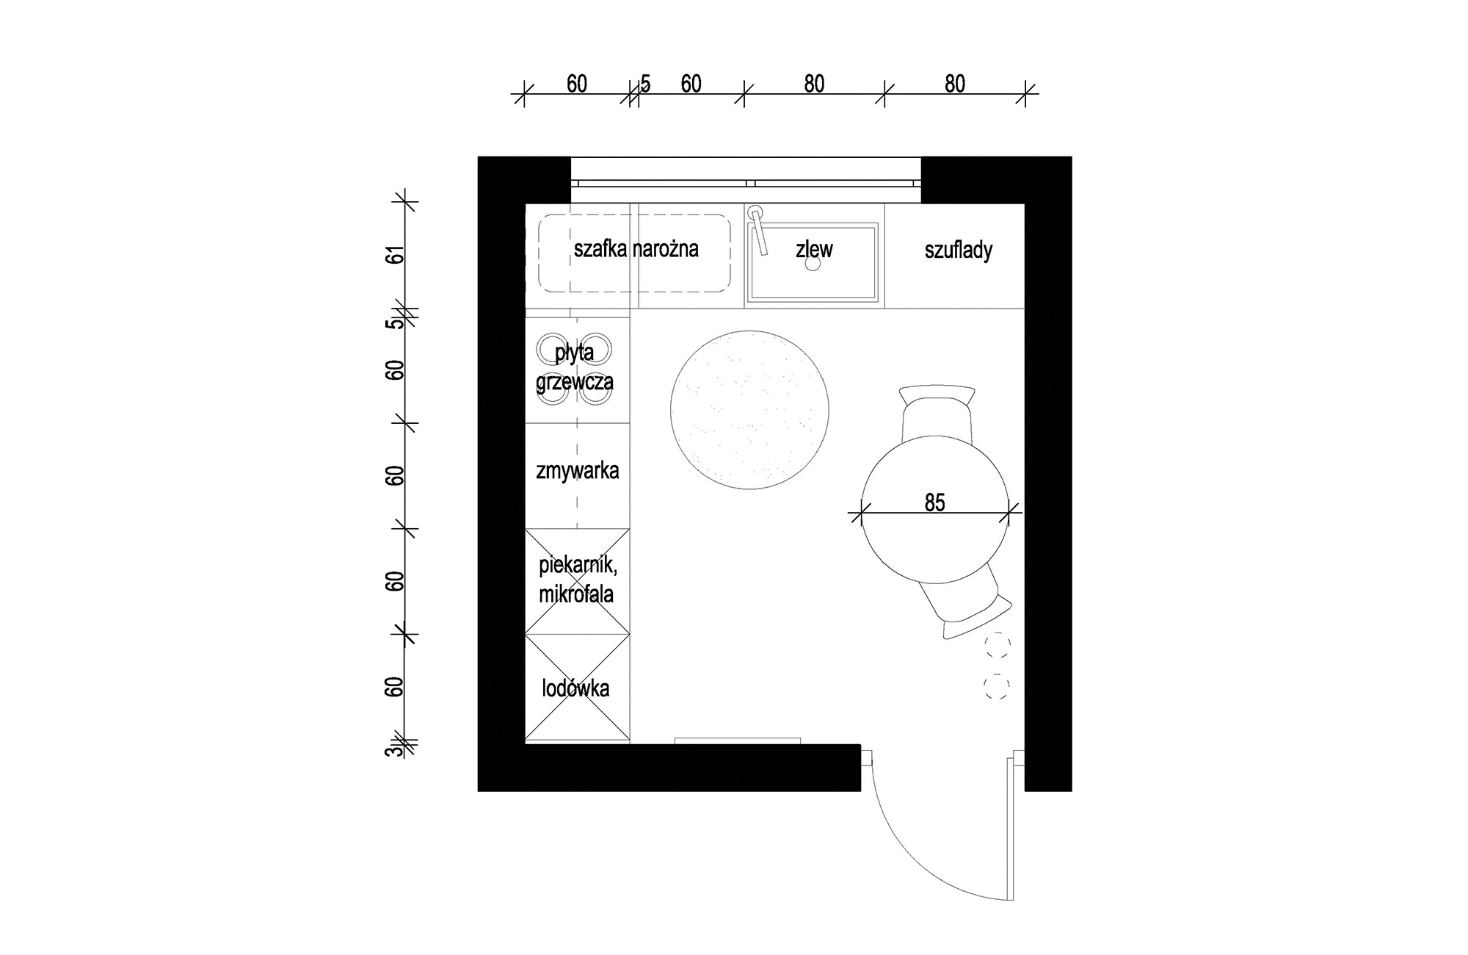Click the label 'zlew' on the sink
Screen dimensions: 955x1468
tap(814, 250)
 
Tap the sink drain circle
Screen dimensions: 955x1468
tap(813, 264)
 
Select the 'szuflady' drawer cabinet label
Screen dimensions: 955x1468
tap(958, 251)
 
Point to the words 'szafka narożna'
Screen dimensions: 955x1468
tap(636, 249)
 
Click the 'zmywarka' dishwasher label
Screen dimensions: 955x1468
tap(577, 471)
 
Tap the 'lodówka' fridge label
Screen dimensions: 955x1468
tap(575, 688)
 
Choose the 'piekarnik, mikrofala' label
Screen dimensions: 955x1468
tap(576, 580)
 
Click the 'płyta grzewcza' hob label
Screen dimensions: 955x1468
tap(574, 367)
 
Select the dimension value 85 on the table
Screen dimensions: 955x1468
tap(934, 502)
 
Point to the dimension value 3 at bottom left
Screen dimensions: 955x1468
tap(395, 750)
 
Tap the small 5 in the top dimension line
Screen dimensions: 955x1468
tap(646, 84)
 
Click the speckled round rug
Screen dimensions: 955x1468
tap(749, 410)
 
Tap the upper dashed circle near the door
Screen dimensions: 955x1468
tap(998, 646)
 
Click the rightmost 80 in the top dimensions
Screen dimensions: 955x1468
tap(954, 84)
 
